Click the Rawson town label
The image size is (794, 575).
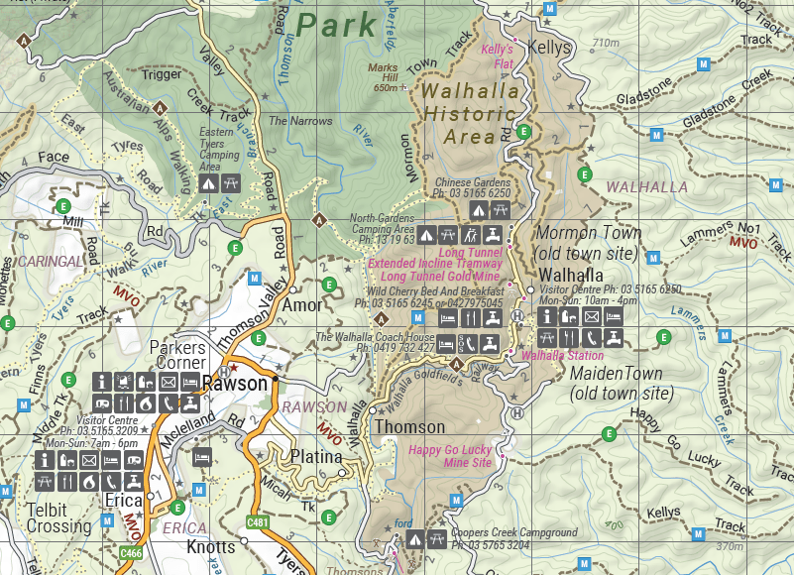point(235,384)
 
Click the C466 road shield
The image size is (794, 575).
point(131,551)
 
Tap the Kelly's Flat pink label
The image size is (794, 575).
point(497,55)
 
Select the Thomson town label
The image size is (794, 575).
point(409,427)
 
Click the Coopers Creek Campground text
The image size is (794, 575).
point(513,532)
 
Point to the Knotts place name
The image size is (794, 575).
point(211,547)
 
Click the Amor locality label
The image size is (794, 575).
point(302,305)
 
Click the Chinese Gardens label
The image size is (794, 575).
point(473,183)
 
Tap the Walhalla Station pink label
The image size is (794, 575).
point(562,355)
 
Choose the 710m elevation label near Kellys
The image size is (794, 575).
point(604,43)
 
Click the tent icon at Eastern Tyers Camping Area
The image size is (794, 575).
point(208,183)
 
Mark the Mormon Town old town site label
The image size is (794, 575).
point(588,243)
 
